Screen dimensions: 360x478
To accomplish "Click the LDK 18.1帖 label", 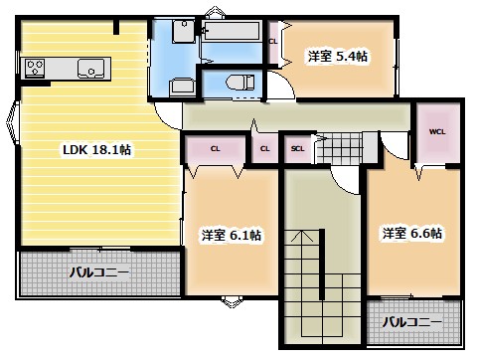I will coord(97,150).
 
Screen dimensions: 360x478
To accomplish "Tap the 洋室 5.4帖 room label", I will coord(336,58).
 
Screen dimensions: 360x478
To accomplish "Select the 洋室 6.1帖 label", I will coord(232,236).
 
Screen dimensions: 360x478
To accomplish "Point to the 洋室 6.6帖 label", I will coord(412,234).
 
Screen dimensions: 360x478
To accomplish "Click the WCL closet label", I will coord(437,131).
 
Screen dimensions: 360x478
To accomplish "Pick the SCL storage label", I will coord(297,150).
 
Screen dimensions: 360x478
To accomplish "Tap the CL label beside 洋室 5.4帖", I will coord(273,41).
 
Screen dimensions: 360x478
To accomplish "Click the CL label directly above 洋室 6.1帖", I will coord(215,149).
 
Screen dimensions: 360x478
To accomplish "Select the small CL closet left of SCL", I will coord(263,149).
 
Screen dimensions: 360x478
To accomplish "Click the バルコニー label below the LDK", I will coord(98,271).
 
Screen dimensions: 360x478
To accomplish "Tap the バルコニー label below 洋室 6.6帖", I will coord(411,322).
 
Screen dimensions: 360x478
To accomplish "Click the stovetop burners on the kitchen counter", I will coord(35,69).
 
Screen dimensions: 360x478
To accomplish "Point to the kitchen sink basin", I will coord(91,69).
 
